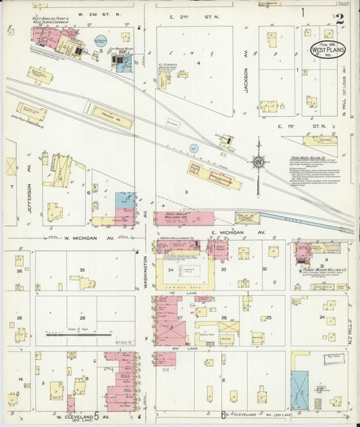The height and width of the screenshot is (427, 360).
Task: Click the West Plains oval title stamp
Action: click(331, 50)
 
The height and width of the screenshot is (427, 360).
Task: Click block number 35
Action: click(82, 270)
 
